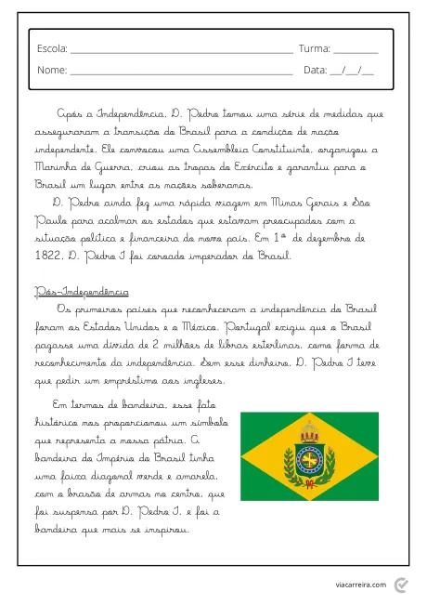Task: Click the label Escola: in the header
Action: (52, 47)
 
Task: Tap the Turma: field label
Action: (314, 47)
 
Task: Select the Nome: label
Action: (52, 70)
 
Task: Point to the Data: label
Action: (316, 70)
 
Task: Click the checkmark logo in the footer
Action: (401, 583)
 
